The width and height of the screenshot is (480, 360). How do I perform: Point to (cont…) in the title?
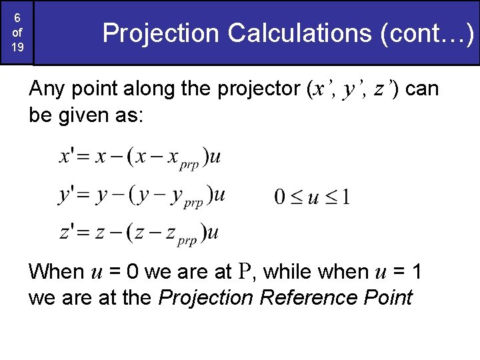point(427,33)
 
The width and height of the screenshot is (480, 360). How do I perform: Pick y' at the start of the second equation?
point(67,195)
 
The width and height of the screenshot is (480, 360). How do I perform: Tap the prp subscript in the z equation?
point(187,240)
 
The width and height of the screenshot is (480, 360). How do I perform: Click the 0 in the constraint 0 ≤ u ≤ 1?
point(281,197)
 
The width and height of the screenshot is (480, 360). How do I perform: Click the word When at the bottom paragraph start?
point(56,272)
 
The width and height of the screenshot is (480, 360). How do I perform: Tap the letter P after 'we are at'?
point(245,272)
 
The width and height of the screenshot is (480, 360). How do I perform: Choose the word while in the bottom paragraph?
point(291,272)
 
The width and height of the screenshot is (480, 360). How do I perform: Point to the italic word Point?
point(386,297)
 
